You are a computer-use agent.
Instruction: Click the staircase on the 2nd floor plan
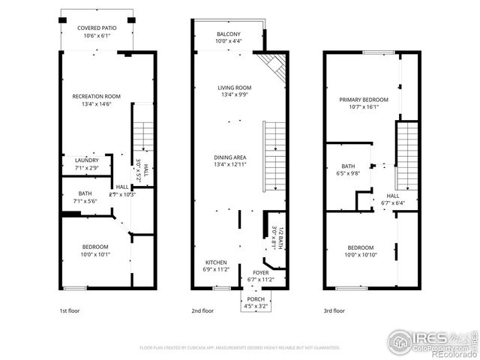coord(274,156)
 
